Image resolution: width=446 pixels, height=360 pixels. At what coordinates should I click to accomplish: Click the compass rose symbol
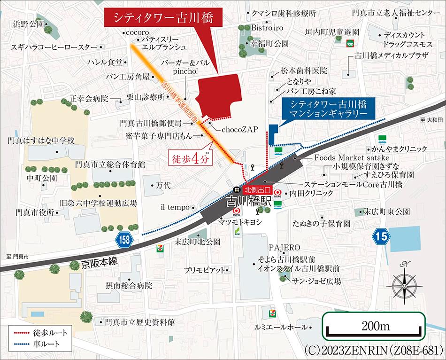[x=404, y=283]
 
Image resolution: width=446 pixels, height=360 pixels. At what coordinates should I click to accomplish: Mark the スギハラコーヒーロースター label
[x=53, y=47]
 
